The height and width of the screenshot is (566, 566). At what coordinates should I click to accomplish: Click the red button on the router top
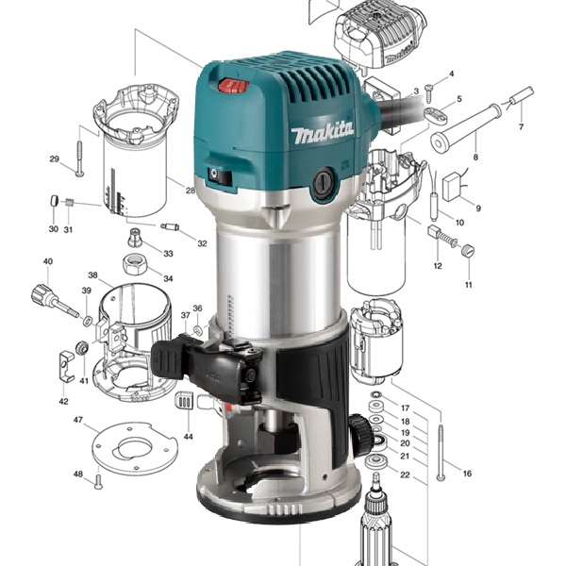click(234, 86)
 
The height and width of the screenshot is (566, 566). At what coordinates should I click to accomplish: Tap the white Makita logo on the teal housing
click(323, 132)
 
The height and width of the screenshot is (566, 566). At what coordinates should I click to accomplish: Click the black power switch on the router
click(219, 176)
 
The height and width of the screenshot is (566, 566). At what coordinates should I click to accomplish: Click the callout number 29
click(54, 158)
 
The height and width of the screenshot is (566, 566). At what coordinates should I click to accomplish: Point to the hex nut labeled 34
click(134, 265)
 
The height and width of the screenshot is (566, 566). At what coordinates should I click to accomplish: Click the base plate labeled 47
click(135, 447)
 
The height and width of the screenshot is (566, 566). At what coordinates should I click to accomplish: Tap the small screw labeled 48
click(98, 481)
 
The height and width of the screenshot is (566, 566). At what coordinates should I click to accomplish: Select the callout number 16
click(467, 474)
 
